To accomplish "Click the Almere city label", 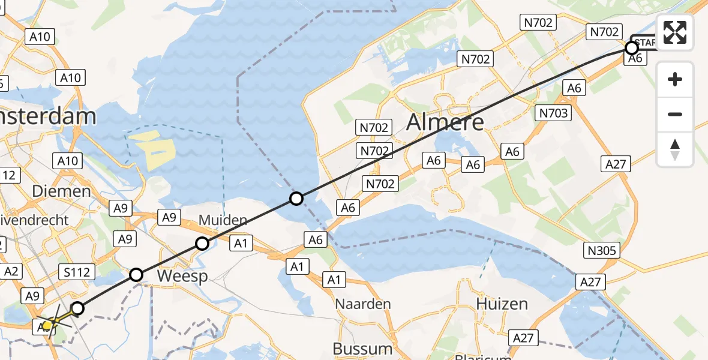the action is [445, 122].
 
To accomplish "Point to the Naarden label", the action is [363, 304].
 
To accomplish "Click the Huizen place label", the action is [502, 304].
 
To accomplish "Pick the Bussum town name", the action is [362, 349].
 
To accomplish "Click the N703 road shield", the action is [553, 113].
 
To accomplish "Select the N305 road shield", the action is [602, 250].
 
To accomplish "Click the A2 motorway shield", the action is [11, 271].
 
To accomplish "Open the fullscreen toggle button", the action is [675, 32].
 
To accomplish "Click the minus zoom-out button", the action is [675, 114].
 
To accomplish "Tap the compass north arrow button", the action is [675, 149].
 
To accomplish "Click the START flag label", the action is [644, 43].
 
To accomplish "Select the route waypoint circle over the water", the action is [296, 198].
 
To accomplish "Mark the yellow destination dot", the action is [47, 325].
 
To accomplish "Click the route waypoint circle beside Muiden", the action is [202, 243].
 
